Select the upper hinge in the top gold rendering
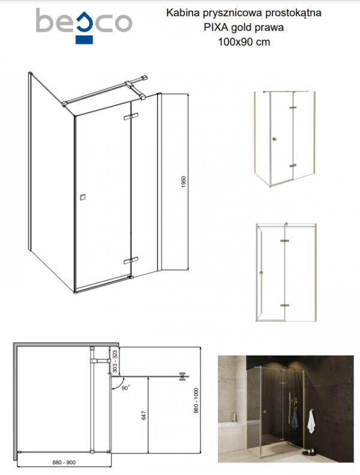coord(293,107)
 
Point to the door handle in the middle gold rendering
coord(261,272)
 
